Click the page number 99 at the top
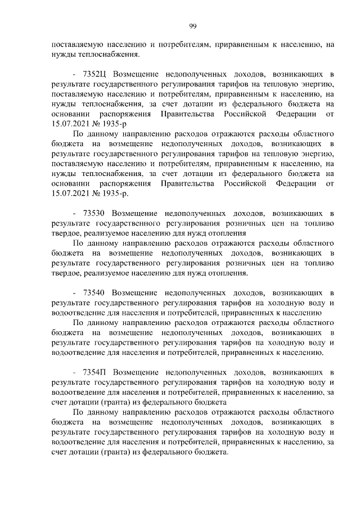[192, 26]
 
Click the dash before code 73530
[75, 213]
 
